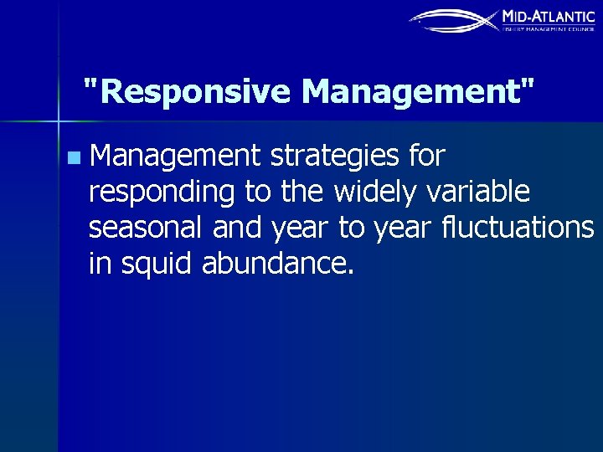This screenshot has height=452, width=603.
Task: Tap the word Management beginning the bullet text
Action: pos(175,156)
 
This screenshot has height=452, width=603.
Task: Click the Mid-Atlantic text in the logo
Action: pos(548,16)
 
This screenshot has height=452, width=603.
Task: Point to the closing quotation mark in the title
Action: pos(525,83)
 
